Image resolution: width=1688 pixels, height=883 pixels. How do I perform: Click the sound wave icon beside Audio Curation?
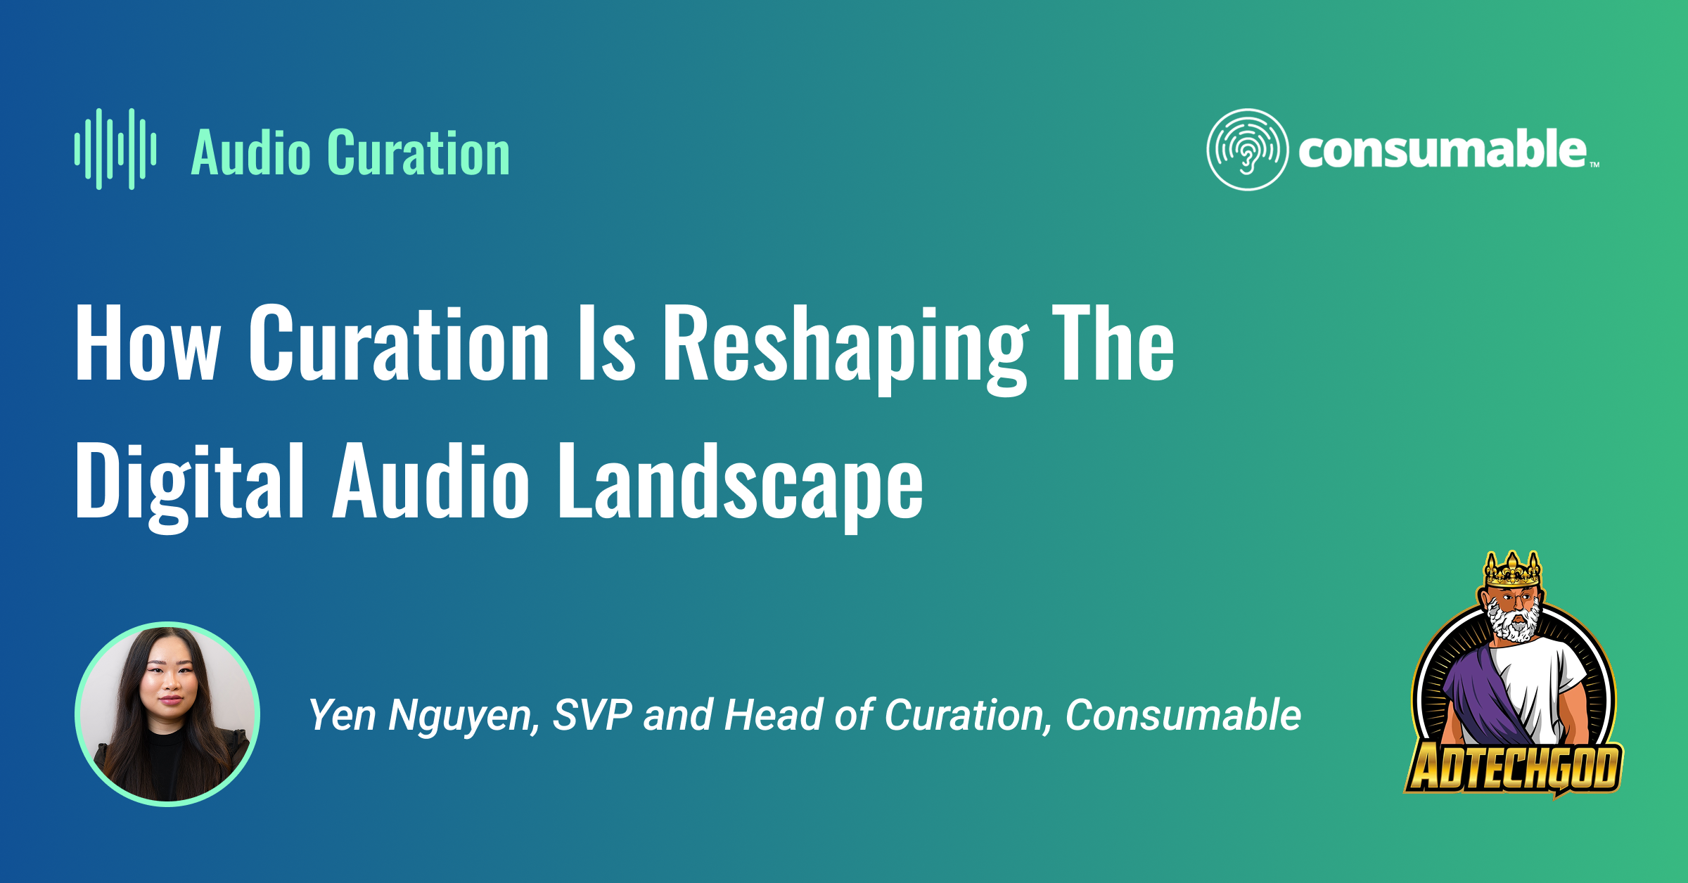115,149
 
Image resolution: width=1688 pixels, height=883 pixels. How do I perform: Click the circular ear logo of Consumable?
1248,149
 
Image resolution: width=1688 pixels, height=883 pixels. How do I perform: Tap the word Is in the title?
606,344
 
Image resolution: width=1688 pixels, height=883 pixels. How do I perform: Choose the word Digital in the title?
190,484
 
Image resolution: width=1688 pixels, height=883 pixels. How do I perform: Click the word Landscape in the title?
741,484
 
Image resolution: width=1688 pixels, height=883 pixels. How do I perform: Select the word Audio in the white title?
431,481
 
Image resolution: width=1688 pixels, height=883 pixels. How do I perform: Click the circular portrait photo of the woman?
167,714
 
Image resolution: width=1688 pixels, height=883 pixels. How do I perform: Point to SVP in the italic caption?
592,715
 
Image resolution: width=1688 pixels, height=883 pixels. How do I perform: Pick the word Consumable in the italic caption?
1183,715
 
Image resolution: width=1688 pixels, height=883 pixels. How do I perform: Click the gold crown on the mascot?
1513,569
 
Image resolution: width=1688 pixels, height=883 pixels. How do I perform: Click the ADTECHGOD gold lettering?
1514,768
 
